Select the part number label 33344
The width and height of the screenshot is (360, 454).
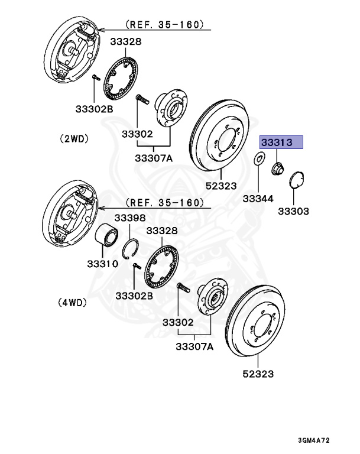(257, 199)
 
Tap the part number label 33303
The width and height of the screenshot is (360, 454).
(294, 210)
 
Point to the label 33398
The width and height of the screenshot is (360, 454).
(130, 218)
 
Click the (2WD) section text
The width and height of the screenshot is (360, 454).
(73, 140)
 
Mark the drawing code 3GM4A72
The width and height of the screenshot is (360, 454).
(322, 441)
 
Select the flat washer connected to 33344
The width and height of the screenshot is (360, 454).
(259, 159)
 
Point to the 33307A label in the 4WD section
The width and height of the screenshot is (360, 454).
(194, 347)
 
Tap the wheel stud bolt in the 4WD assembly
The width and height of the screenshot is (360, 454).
(182, 290)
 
